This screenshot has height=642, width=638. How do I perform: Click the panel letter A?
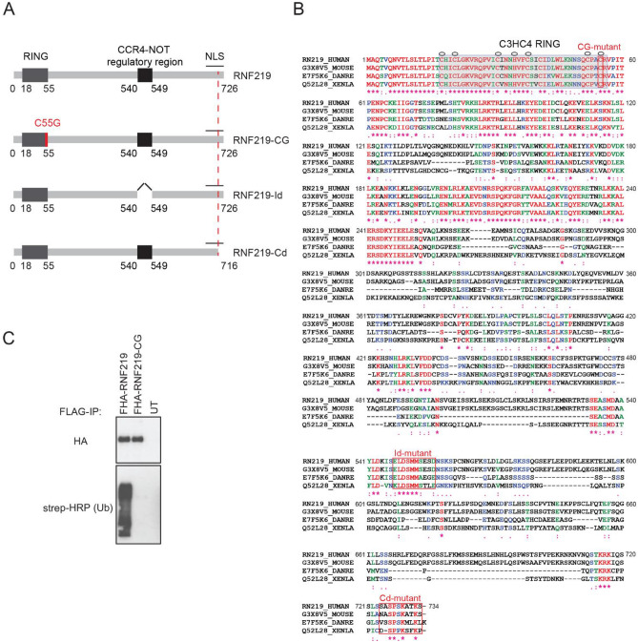9,10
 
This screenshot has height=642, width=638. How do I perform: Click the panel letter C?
9,311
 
